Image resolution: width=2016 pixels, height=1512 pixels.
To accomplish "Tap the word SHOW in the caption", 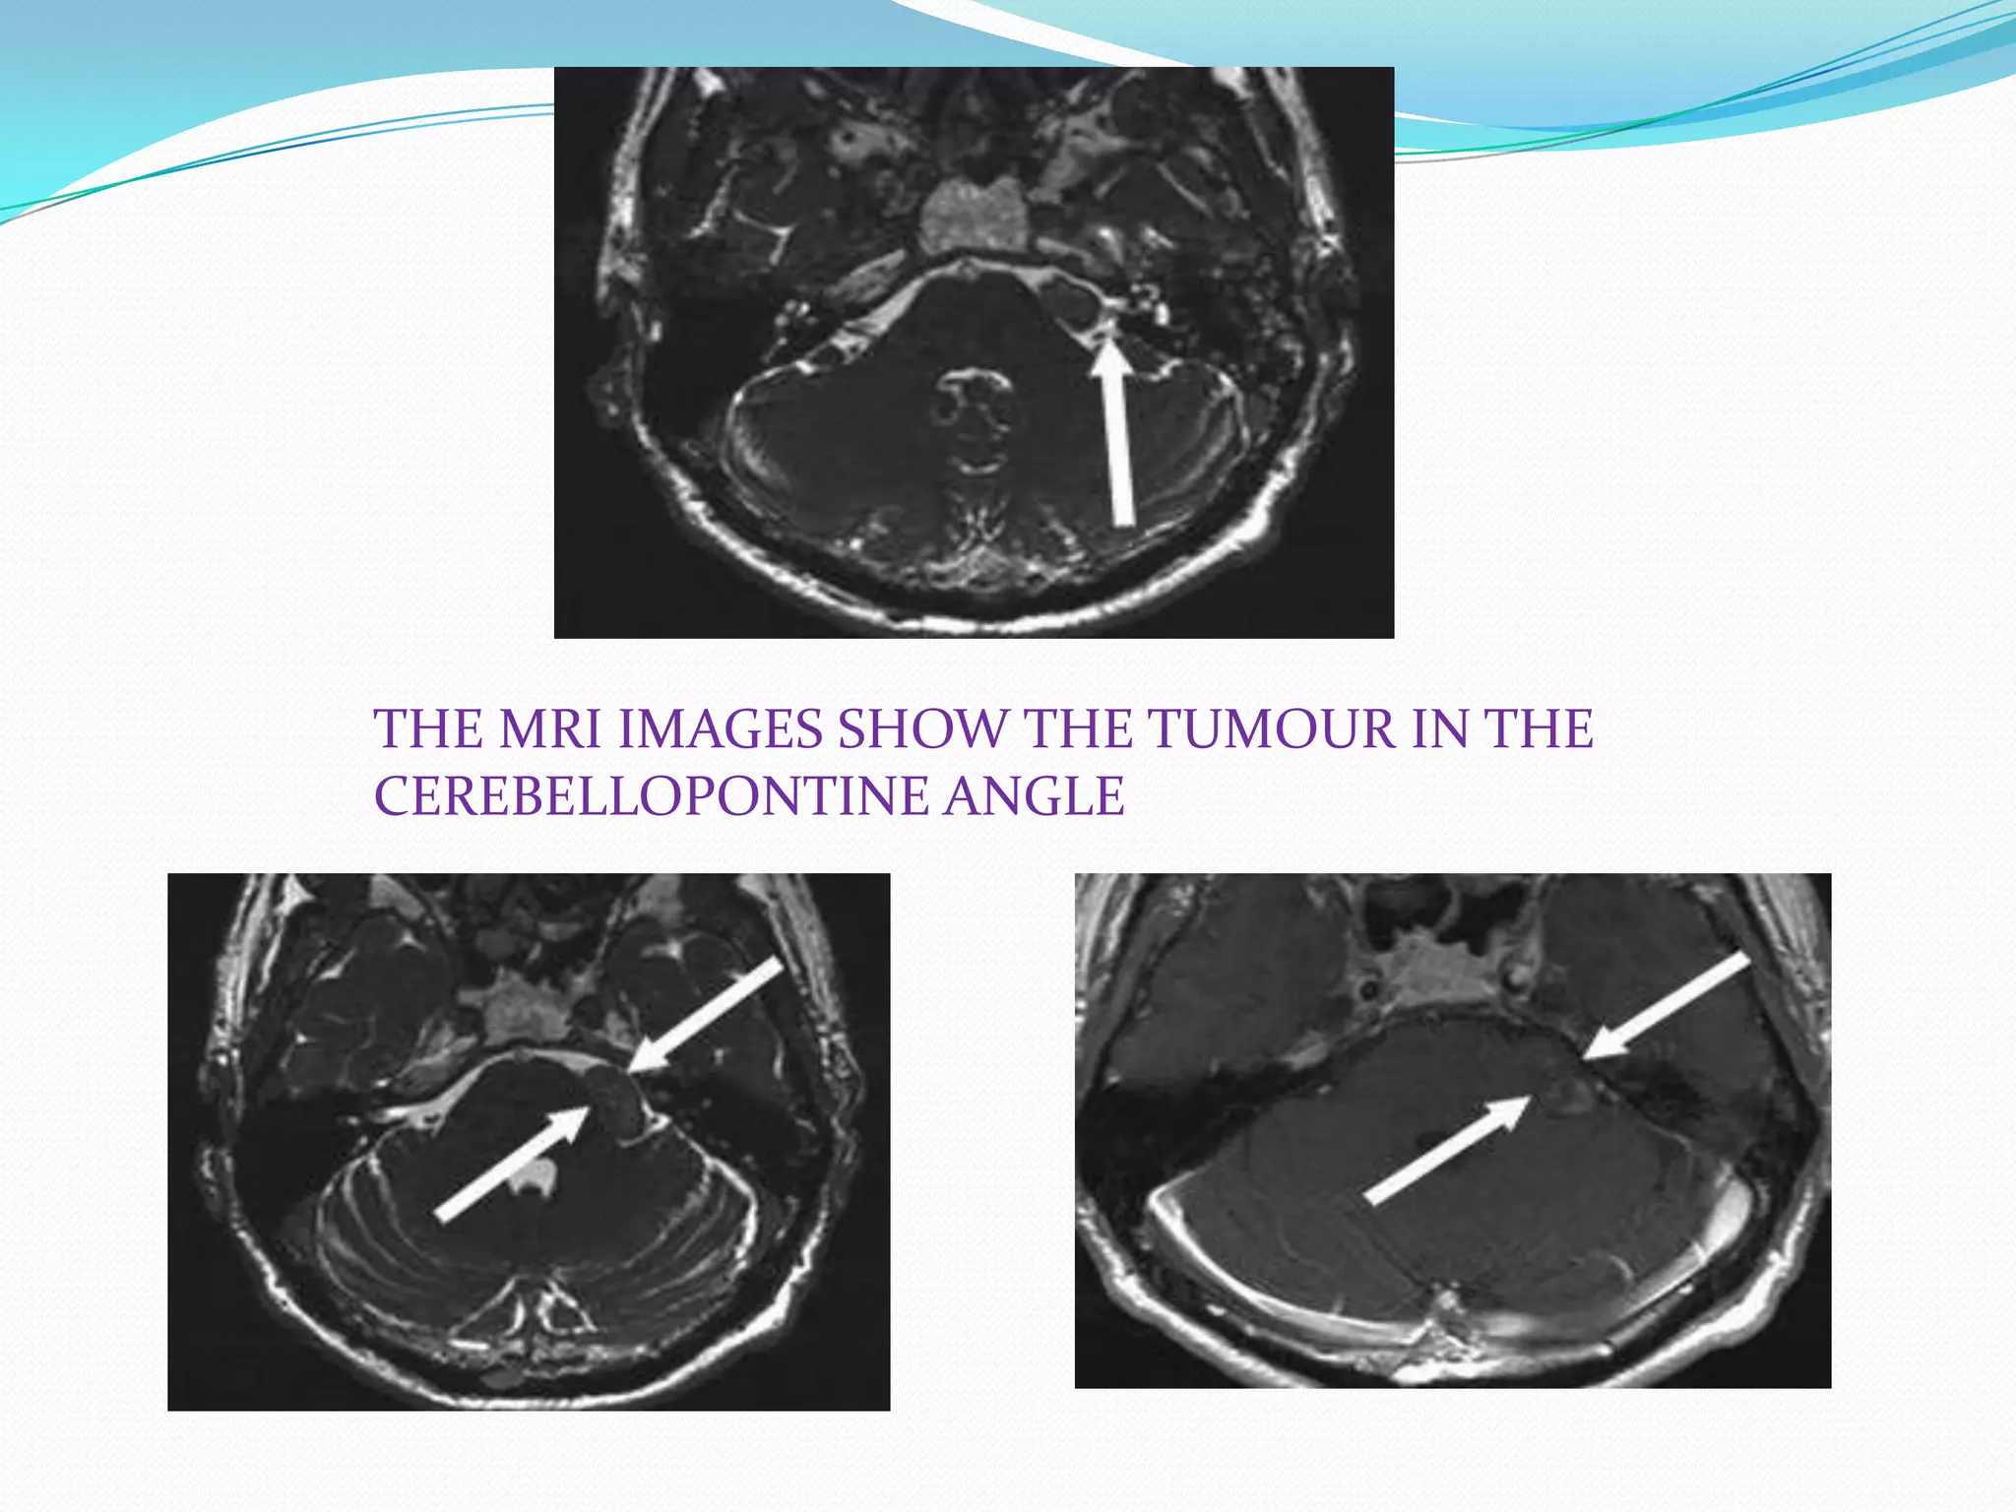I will (922, 730).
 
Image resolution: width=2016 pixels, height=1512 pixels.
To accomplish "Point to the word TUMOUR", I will (1272, 730).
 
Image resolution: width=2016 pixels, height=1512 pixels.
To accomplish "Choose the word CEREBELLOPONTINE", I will (651, 796).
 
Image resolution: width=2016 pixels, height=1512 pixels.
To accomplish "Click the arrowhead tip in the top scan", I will (1110, 342).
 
